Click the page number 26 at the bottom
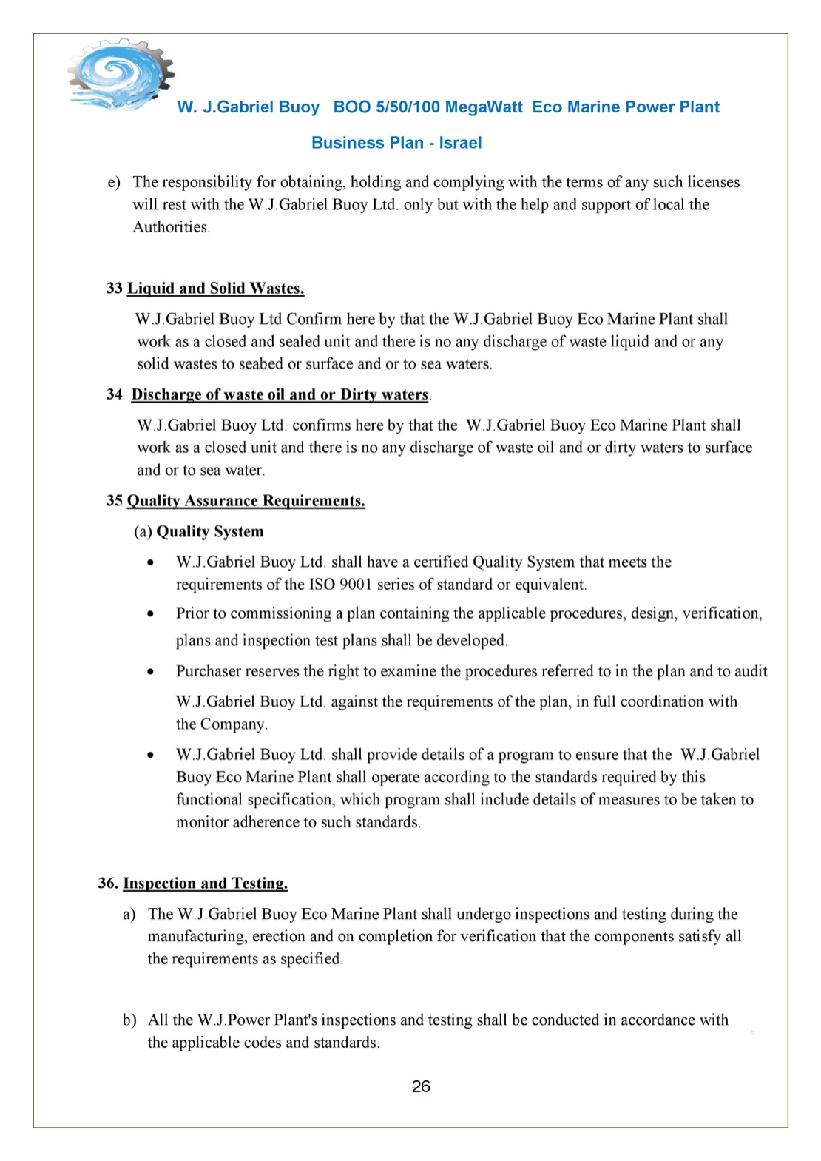pyautogui.click(x=421, y=1086)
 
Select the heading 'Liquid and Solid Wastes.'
pyautogui.click(x=215, y=289)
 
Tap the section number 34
pyautogui.click(x=114, y=394)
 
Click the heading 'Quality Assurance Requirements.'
pyautogui.click(x=246, y=501)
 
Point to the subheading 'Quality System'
pyautogui.click(x=209, y=531)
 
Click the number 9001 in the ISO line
pyautogui.click(x=355, y=585)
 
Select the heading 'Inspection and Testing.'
pyautogui.click(x=205, y=883)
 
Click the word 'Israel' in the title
pyautogui.click(x=460, y=143)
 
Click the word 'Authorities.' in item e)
pyautogui.click(x=172, y=227)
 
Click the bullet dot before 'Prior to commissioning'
pyautogui.click(x=151, y=613)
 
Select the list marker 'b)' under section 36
pyautogui.click(x=129, y=1020)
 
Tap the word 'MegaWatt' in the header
pyautogui.click(x=484, y=107)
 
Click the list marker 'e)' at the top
pyautogui.click(x=114, y=183)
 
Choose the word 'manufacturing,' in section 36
pyautogui.click(x=197, y=937)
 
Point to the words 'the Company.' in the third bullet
pyautogui.click(x=221, y=724)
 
